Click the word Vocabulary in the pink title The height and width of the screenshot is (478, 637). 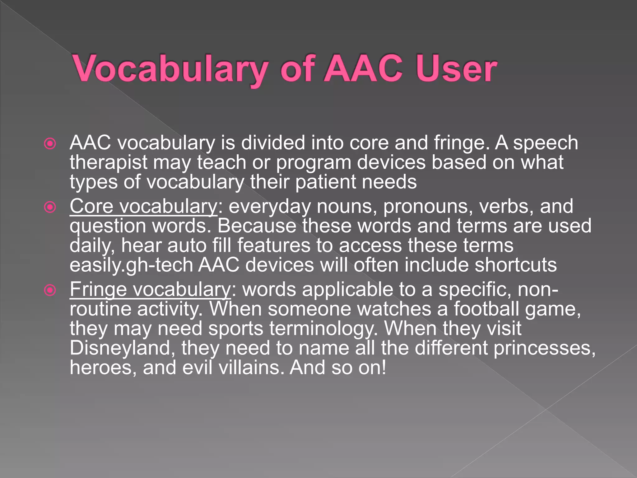click(x=170, y=69)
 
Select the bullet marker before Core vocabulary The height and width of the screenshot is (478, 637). click(x=50, y=207)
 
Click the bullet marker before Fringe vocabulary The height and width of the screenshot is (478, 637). click(x=50, y=290)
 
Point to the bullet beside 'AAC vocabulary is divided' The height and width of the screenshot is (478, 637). click(x=50, y=144)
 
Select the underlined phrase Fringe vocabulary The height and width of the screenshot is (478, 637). click(x=150, y=289)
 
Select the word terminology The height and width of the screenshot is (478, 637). click(x=323, y=329)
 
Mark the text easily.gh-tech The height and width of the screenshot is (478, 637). click(x=131, y=265)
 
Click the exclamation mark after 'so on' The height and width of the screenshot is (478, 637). click(x=384, y=367)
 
